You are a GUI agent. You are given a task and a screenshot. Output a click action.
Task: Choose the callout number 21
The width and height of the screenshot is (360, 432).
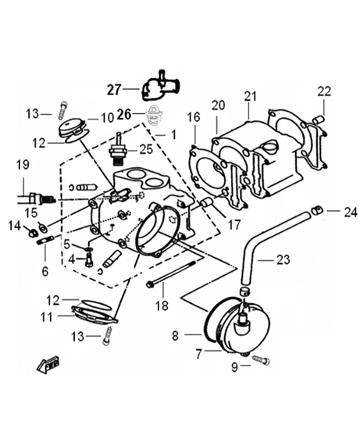(249, 95)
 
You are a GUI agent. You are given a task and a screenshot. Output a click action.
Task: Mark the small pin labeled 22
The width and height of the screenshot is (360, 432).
(318, 118)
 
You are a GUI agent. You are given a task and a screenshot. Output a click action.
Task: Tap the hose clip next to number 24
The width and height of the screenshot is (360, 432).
(316, 210)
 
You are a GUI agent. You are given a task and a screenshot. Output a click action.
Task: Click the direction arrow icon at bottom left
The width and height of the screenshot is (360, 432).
(49, 362)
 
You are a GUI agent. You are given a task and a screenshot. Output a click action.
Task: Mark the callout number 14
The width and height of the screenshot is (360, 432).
(14, 226)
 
